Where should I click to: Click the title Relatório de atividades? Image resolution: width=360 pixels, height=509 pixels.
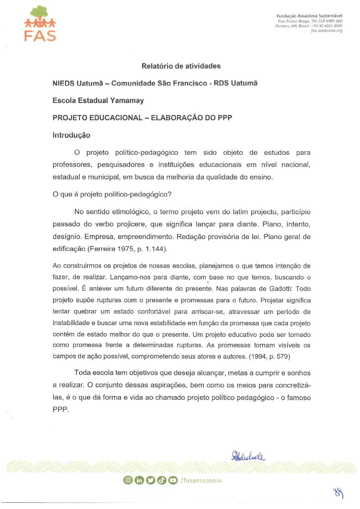(181, 66)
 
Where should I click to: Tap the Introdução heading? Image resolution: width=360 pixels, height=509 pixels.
(71, 135)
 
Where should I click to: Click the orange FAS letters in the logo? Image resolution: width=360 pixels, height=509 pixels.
(40, 36)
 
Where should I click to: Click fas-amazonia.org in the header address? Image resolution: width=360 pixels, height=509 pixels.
(327, 31)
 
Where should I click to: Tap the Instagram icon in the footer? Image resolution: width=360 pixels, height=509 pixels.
(128, 480)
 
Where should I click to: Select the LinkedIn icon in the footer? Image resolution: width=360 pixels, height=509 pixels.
(139, 480)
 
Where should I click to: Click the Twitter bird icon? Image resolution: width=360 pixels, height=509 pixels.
(150, 480)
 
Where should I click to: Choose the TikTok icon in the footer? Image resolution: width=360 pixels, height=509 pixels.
(162, 480)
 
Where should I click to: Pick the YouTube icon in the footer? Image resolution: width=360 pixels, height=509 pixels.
(173, 480)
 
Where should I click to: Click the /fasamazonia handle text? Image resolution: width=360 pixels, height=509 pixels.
(201, 480)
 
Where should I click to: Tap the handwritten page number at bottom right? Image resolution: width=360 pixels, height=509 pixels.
(338, 493)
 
